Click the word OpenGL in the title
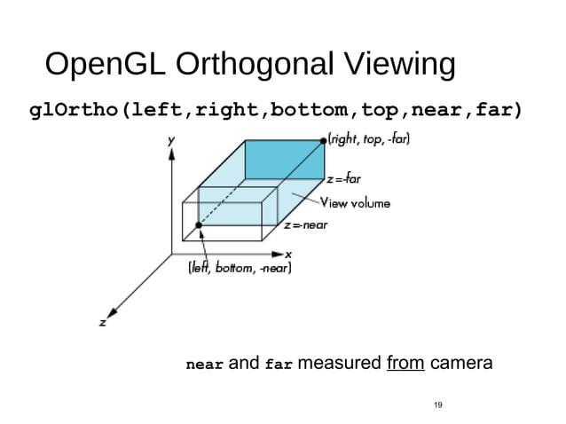106,67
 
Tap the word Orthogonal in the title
255,67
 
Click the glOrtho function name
75,111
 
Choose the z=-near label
306,224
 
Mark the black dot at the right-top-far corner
323,140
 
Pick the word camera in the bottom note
461,364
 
